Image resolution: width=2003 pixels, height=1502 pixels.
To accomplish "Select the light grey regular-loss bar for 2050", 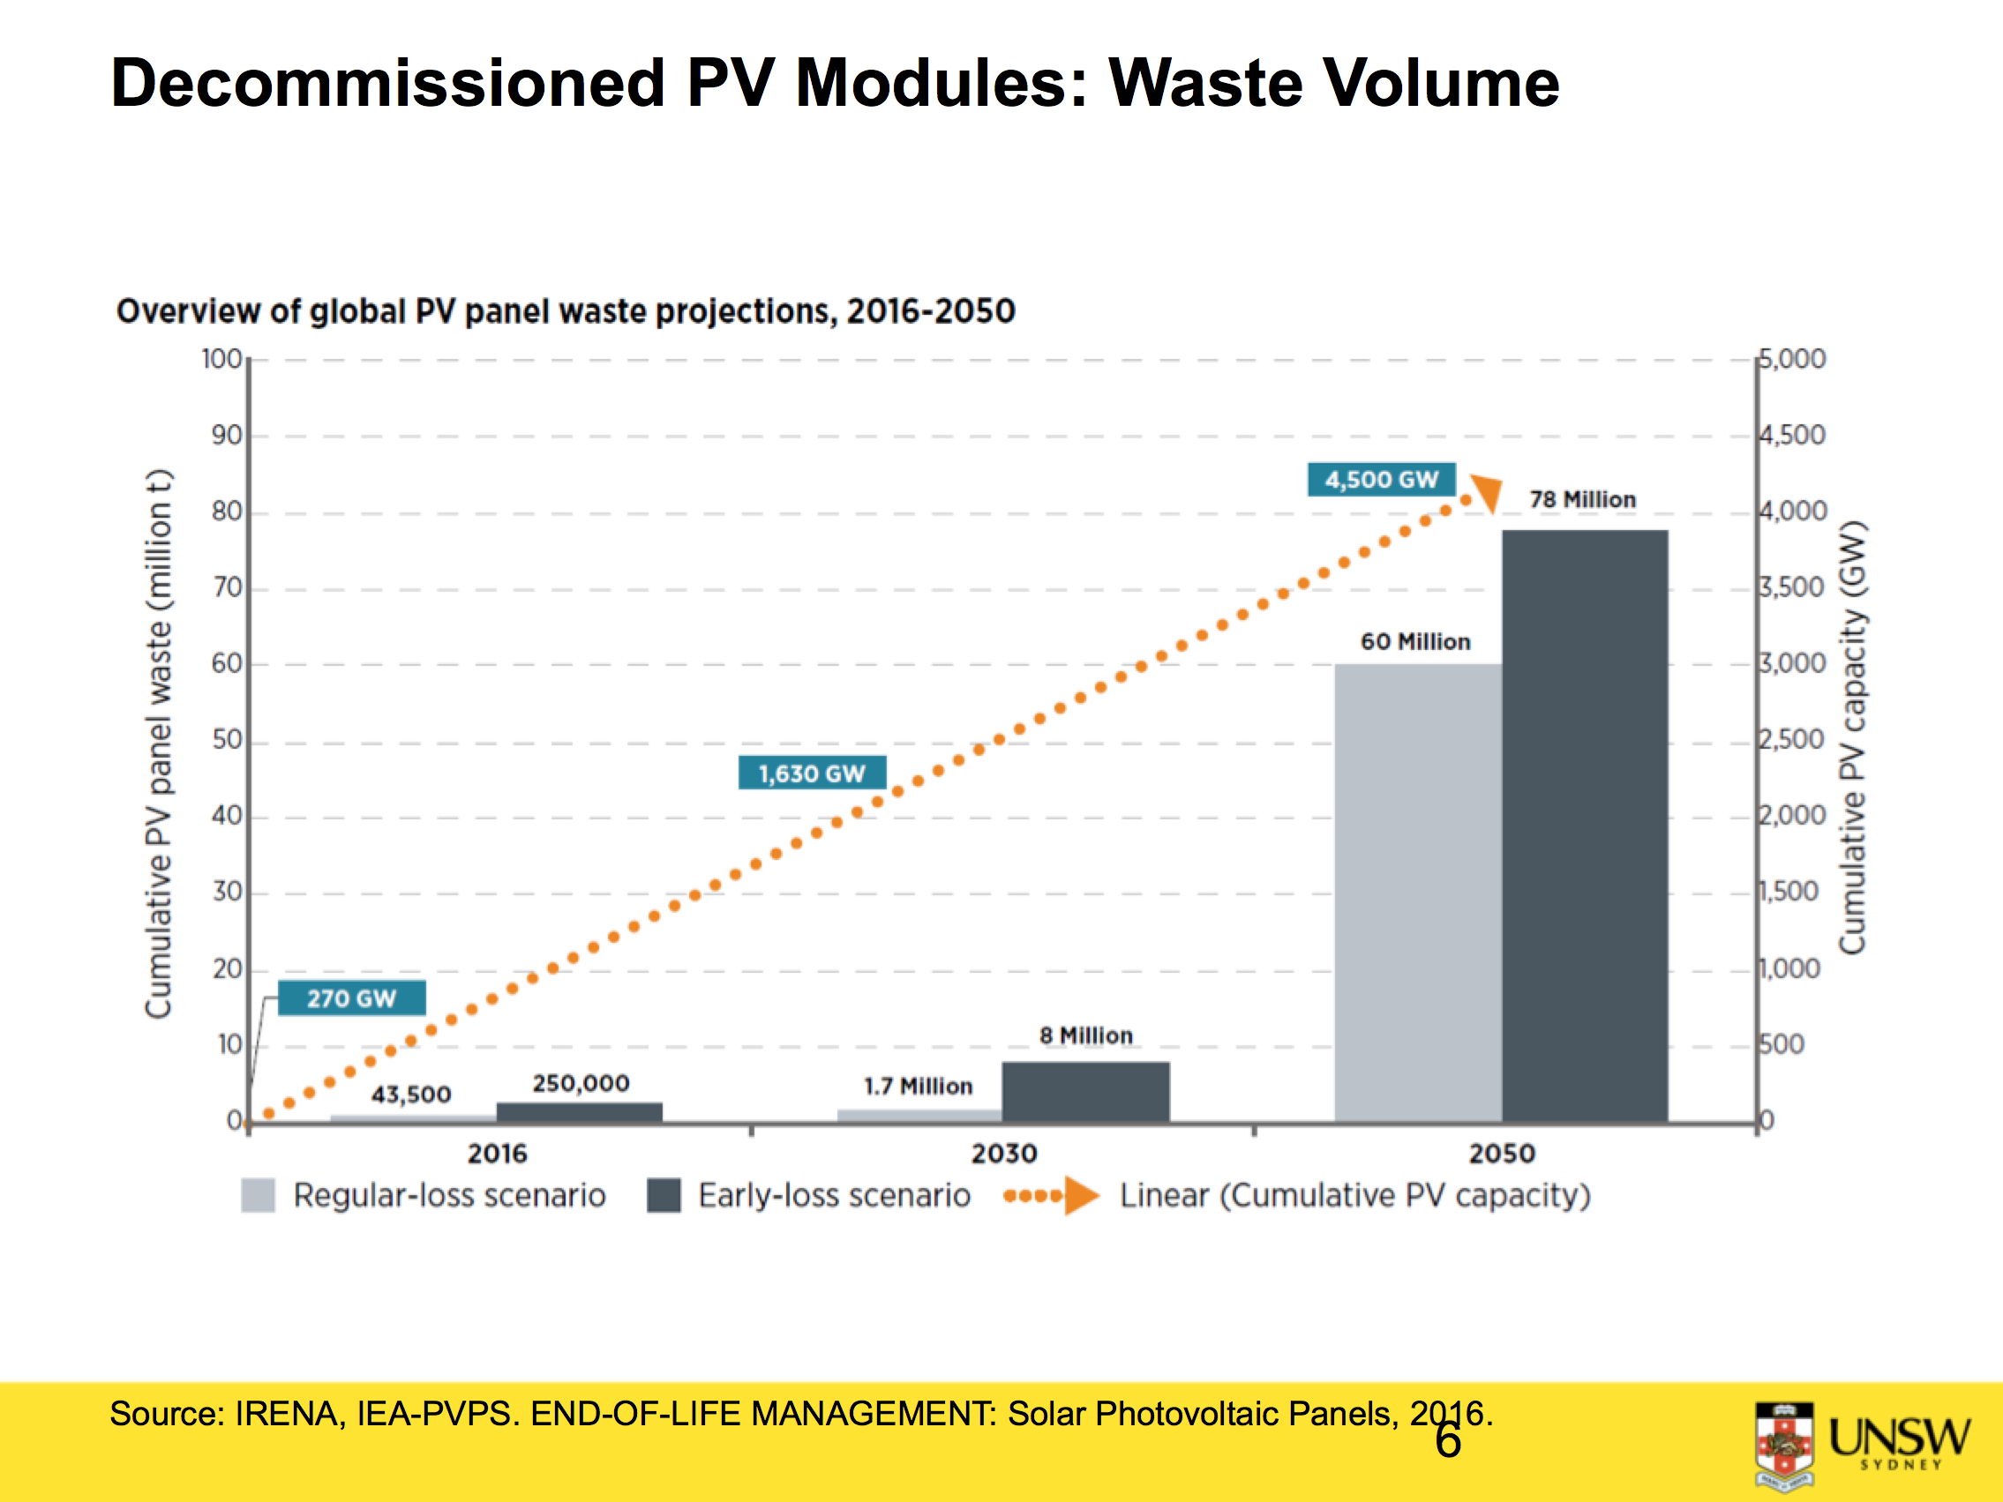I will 1417,892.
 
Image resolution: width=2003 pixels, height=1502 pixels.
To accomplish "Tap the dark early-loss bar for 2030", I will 1084,1091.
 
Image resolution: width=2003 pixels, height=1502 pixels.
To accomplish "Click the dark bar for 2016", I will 580,1112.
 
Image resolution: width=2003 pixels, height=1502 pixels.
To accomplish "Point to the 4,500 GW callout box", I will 1380,479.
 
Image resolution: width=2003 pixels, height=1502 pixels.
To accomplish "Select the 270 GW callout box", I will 351,998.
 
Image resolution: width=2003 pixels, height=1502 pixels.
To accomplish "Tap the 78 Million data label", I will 1582,500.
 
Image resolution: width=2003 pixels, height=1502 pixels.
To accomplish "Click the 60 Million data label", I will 1414,642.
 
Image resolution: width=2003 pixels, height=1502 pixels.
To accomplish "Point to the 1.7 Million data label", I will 918,1086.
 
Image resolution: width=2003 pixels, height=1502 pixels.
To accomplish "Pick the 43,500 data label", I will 410,1095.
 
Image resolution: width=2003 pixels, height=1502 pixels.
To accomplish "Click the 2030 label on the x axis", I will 1003,1154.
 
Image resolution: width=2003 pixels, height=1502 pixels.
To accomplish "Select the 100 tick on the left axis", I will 221,360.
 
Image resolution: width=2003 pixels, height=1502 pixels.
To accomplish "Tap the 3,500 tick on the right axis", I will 1791,587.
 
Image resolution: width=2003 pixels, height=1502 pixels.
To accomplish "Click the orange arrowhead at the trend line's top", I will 1487,492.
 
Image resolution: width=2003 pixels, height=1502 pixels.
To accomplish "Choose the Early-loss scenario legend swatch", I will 664,1195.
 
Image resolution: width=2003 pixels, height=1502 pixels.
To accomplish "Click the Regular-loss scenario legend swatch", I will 258,1195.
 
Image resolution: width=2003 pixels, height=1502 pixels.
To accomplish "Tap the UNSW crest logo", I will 1784,1445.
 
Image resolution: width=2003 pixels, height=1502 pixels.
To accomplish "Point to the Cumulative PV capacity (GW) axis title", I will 1853,738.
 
